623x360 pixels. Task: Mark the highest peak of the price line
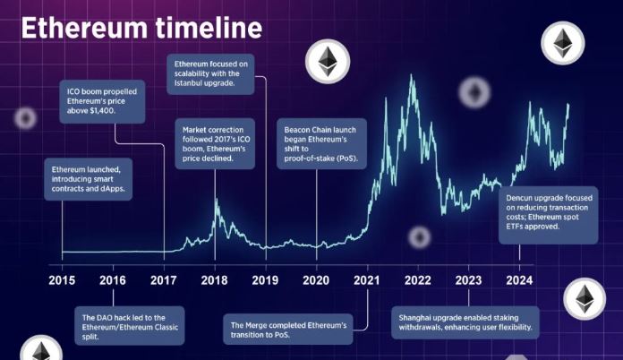pyautogui.click(x=412, y=79)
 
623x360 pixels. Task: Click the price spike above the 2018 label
pyautogui.click(x=215, y=201)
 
